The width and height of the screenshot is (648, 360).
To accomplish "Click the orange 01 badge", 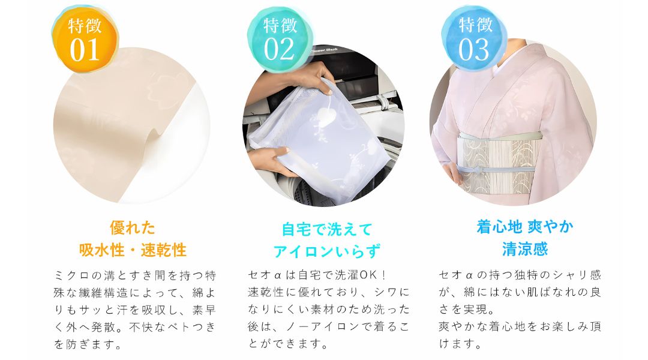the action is (85, 39).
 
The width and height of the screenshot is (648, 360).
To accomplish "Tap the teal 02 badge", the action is (280, 39).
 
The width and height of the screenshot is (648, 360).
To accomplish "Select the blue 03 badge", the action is (475, 38).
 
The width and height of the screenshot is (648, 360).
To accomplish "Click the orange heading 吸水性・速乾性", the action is (133, 250).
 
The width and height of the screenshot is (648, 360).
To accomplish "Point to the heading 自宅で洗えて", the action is (327, 229).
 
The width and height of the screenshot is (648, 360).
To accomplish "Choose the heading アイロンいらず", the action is (326, 251).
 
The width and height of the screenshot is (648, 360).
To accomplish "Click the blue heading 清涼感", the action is (525, 249).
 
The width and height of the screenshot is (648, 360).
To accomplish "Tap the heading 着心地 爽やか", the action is (525, 227).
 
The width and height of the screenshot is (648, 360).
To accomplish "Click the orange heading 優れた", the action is (133, 228).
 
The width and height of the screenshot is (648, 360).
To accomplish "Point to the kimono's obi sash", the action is (499, 163).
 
